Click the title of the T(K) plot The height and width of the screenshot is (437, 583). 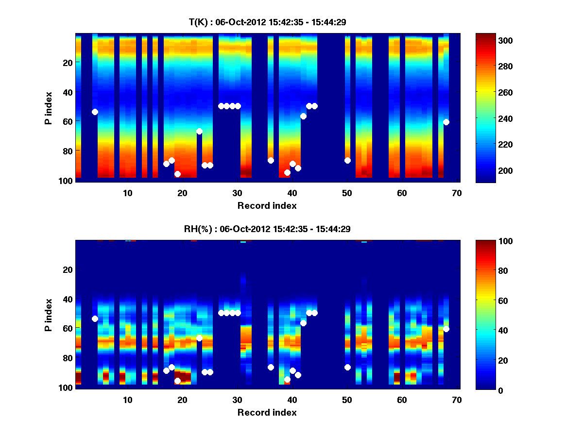(267, 22)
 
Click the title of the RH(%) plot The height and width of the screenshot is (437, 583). (267, 229)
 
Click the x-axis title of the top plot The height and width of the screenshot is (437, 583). (267, 205)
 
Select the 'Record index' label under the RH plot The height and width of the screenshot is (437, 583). (267, 412)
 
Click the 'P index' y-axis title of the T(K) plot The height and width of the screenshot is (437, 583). (48, 108)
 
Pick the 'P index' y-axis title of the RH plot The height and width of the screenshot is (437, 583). (48, 315)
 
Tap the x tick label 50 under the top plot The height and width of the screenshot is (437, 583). (347, 193)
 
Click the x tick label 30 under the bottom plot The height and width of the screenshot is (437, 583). (237, 400)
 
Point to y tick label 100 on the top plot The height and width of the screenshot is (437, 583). (68, 181)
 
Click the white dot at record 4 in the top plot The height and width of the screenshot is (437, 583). (95, 112)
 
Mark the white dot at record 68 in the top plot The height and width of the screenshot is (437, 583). (446, 122)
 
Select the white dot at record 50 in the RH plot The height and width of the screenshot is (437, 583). (347, 367)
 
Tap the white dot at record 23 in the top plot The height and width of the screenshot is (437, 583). (199, 131)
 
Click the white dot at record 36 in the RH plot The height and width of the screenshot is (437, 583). (271, 367)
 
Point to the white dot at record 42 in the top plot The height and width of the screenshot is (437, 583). (303, 116)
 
